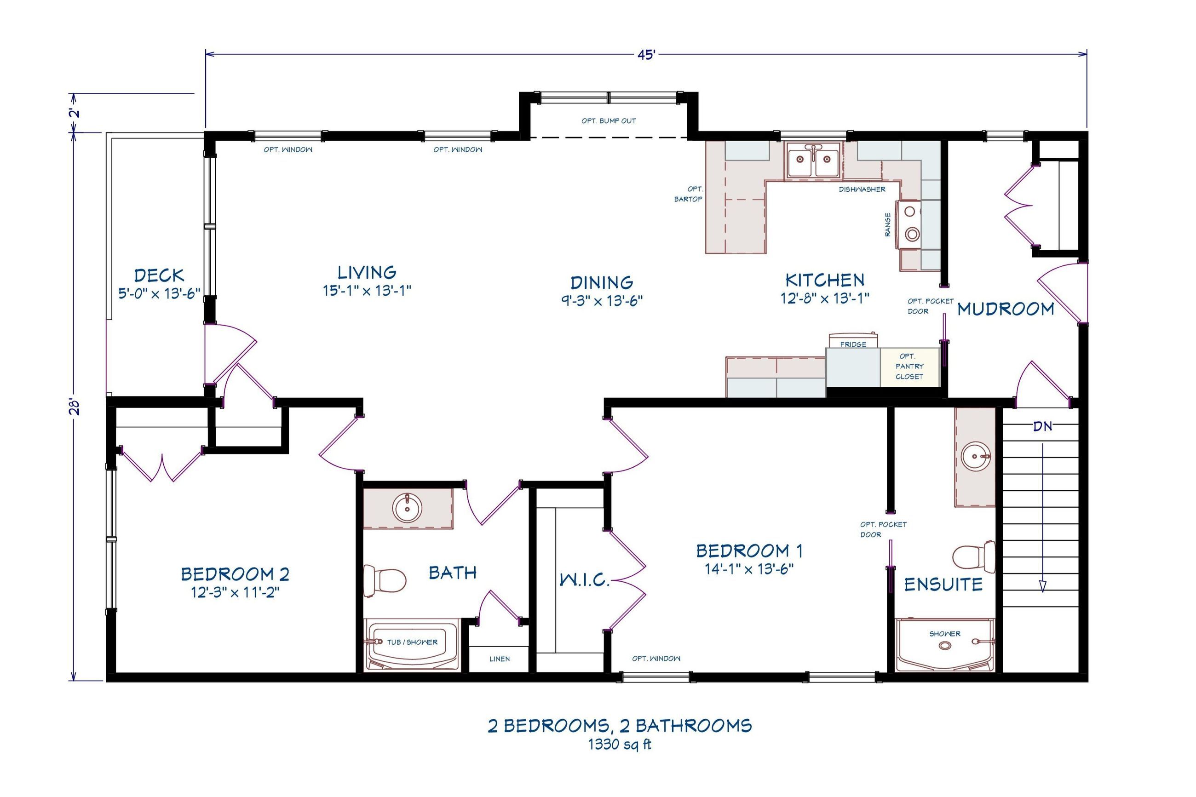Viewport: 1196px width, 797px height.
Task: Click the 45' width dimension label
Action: tap(647, 54)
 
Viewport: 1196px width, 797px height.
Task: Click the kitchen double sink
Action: tap(813, 160)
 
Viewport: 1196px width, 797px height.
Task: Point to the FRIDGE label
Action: tap(852, 344)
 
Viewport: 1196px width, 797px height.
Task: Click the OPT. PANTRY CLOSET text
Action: tap(909, 366)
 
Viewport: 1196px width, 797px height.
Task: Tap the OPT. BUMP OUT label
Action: tap(609, 121)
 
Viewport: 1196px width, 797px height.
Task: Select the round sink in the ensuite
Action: tap(975, 456)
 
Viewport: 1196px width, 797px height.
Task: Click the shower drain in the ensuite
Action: tap(944, 645)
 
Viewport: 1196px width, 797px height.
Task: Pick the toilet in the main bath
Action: tap(385, 580)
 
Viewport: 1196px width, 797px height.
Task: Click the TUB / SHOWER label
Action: tap(412, 642)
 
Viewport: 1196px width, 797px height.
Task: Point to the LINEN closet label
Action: tap(499, 659)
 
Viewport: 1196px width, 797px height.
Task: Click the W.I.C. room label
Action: tap(584, 580)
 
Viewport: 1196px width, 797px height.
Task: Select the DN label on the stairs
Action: tap(1042, 426)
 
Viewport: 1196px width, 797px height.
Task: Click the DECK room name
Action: tap(159, 275)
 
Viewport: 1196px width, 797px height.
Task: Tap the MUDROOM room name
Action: tap(1005, 309)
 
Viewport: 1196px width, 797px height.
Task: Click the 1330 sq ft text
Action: tap(619, 745)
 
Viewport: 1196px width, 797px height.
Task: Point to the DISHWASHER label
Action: tap(862, 189)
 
